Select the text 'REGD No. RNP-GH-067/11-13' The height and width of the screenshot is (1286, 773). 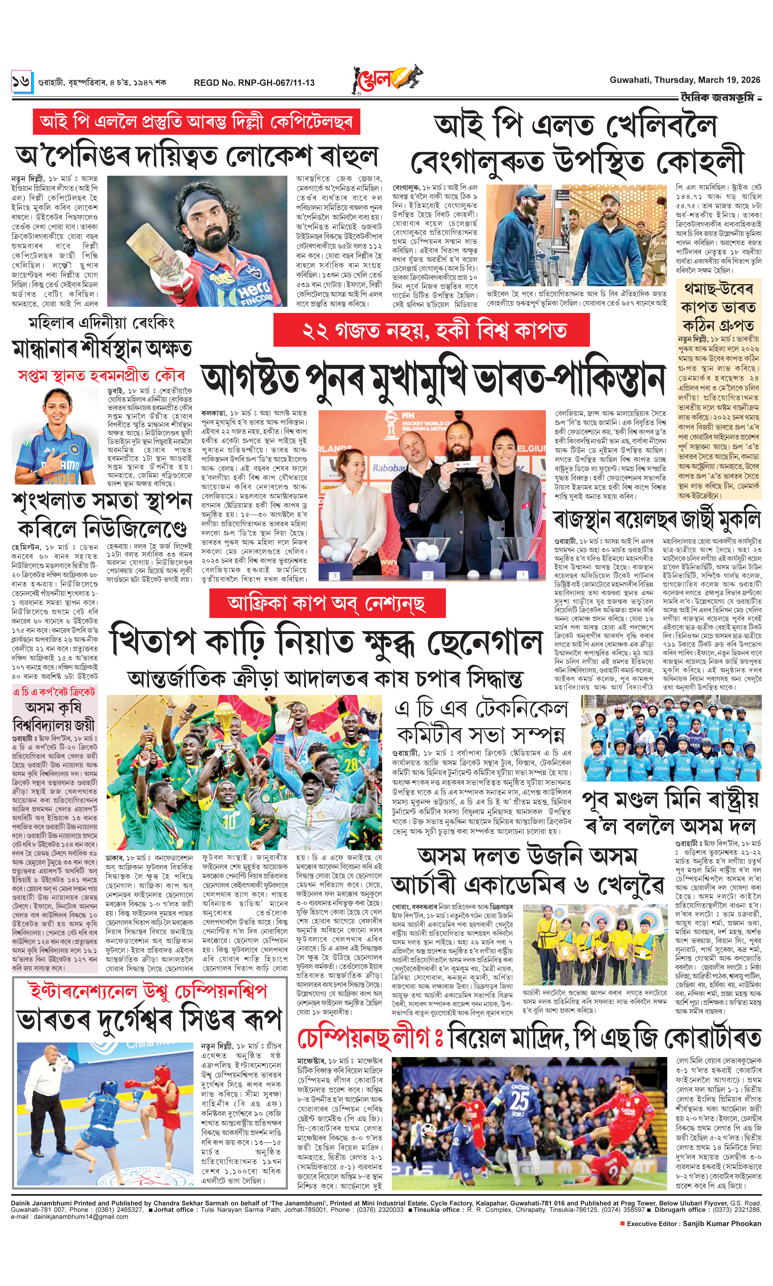coord(254,82)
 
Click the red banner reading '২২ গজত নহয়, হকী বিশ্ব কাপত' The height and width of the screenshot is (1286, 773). coord(431,330)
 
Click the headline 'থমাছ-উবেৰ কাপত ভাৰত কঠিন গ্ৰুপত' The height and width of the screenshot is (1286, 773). coord(718,308)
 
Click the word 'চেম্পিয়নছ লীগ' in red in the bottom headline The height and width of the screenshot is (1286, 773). coord(363,1038)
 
